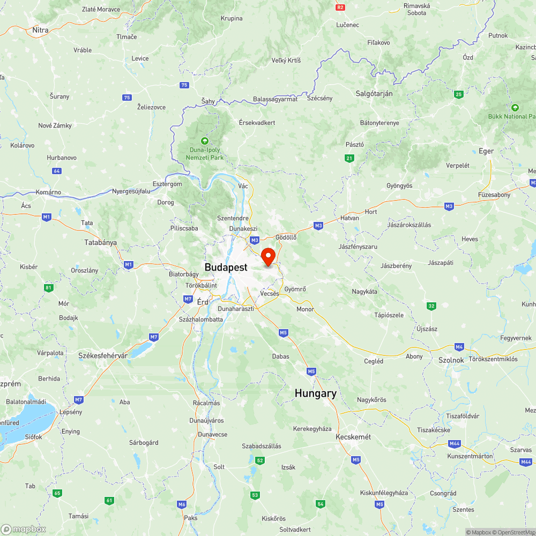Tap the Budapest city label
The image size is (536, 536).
(226, 267)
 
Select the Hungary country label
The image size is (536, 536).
(316, 393)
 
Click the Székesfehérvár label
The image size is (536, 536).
(103, 355)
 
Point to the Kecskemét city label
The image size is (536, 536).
(353, 437)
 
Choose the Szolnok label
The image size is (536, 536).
(451, 360)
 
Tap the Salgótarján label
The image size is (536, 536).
(374, 93)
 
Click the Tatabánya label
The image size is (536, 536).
(100, 242)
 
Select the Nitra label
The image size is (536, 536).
(40, 30)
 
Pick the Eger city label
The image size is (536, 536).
(486, 151)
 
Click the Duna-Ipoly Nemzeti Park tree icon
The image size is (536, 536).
(204, 140)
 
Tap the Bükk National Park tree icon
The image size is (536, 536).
(515, 107)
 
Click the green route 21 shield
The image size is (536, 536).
(349, 158)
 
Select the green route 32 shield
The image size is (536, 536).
(431, 306)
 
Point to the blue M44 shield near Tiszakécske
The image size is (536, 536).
(455, 443)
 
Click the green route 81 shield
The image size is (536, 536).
(49, 288)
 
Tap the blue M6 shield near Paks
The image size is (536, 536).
(182, 504)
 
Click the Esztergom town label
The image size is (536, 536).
(167, 184)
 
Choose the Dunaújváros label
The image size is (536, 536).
(206, 421)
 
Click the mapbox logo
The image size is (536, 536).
(24, 529)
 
